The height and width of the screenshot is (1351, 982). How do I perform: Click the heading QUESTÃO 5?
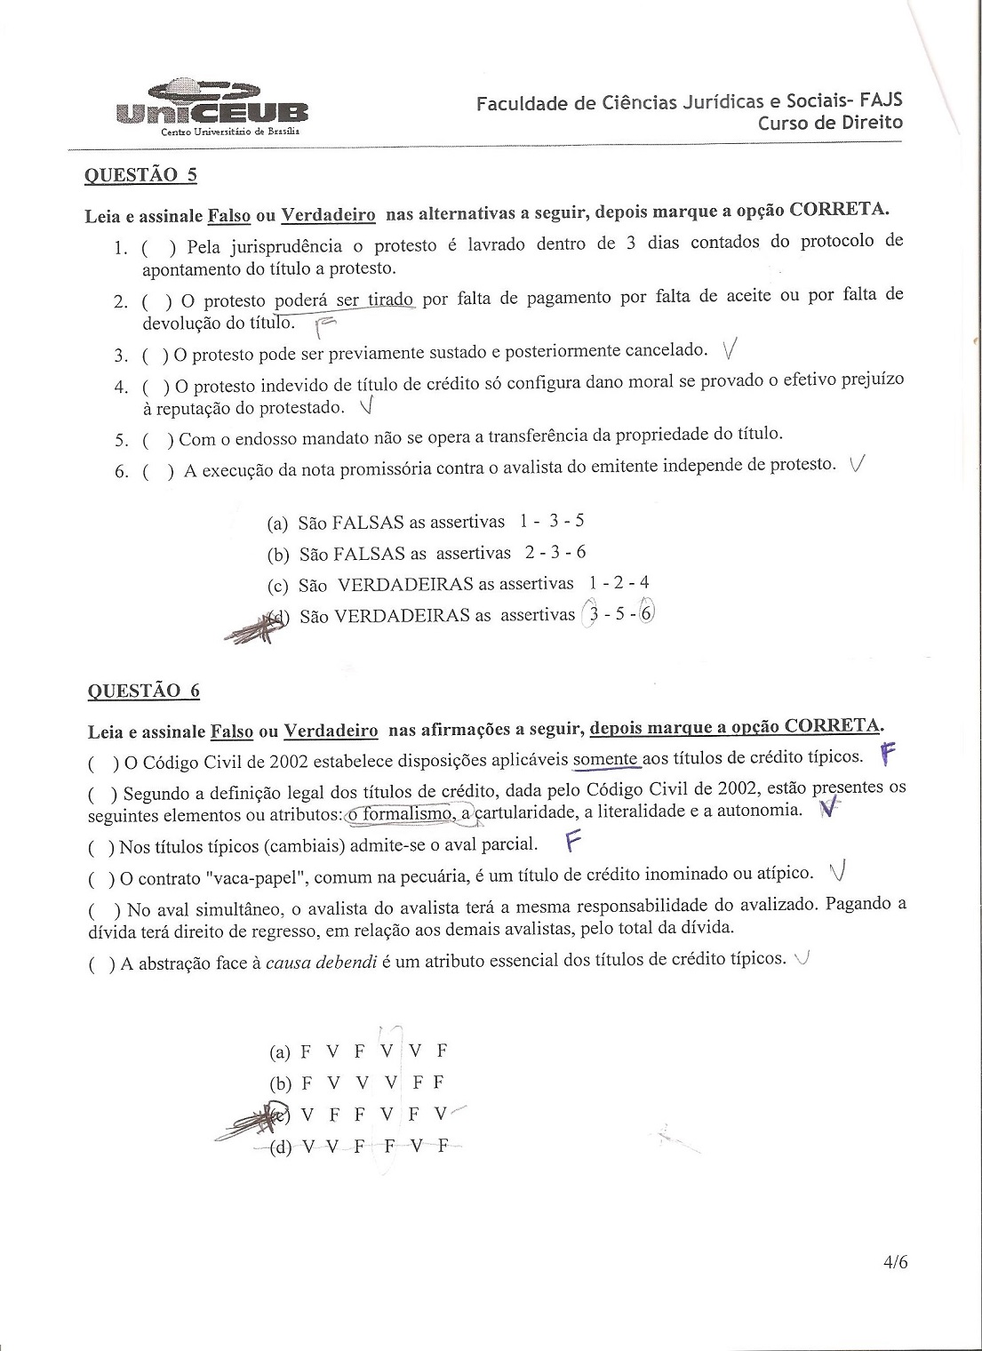click(x=140, y=174)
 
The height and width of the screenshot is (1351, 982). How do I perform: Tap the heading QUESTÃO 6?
click(x=143, y=691)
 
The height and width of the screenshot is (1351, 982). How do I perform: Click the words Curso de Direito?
click(x=830, y=123)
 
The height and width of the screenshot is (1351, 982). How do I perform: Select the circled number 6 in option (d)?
click(x=646, y=612)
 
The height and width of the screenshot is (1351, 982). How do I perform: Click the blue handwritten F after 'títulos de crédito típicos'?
click(x=886, y=755)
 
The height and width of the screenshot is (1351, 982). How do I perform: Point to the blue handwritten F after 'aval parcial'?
click(x=573, y=840)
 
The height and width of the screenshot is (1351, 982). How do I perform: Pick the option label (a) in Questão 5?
click(x=278, y=524)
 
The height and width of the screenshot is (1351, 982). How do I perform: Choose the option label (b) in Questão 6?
click(x=281, y=1083)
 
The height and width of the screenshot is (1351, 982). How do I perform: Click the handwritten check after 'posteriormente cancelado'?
click(x=731, y=349)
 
